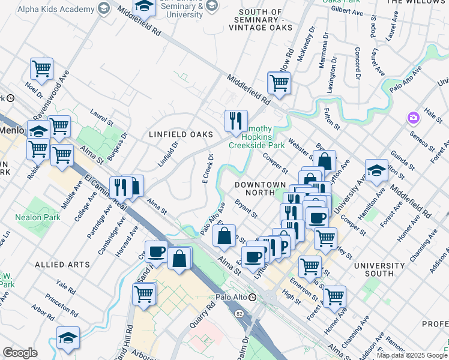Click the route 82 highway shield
pos(240,314)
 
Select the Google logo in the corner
pos(20,352)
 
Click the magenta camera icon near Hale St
pos(412,118)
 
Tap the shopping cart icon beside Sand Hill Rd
pos(144,294)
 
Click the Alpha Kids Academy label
pos(56,10)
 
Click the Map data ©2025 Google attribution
pos(411,355)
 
